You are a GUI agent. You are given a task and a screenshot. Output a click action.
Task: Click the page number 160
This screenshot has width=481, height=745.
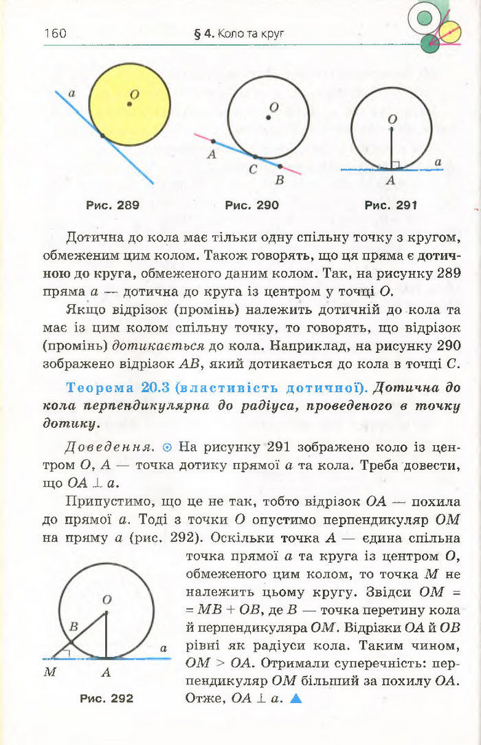coord(55,33)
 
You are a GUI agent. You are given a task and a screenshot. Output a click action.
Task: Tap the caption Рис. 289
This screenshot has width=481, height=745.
coord(113,205)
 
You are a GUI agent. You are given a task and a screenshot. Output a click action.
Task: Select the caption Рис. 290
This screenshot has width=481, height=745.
coord(252,205)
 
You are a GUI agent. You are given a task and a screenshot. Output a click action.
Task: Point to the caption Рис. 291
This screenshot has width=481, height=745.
coord(391,205)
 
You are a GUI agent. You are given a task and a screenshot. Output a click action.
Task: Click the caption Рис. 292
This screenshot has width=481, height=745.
coord(107,698)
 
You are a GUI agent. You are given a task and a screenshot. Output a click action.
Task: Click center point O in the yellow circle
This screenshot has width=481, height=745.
coord(128,104)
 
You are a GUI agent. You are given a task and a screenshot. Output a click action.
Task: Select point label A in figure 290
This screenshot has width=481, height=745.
coord(211,155)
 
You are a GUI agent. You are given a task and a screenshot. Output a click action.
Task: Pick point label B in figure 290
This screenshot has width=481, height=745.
coord(279,180)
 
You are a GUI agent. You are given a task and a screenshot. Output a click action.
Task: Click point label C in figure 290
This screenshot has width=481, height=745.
coord(253,169)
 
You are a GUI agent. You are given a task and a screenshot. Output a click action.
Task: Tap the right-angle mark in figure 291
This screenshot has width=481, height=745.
coord(396,164)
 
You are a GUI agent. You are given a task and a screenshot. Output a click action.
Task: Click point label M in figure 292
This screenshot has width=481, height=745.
coord(50,673)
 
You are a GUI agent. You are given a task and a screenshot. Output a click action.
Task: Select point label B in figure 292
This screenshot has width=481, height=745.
coord(74,627)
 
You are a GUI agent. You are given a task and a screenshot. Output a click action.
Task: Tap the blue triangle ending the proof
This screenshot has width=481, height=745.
coord(296,698)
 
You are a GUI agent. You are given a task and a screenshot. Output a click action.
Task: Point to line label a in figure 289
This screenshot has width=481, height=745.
coord(72,91)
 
